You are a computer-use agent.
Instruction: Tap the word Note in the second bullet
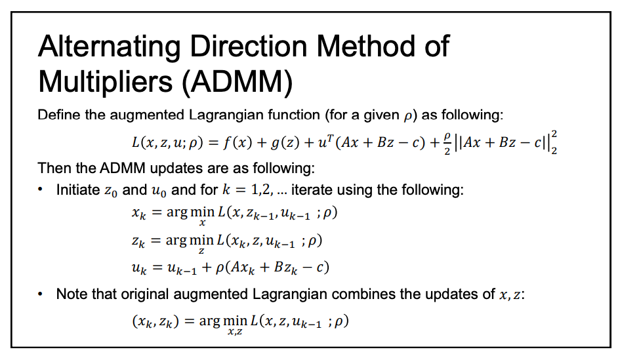71,294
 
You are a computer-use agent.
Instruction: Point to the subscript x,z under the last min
233,332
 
